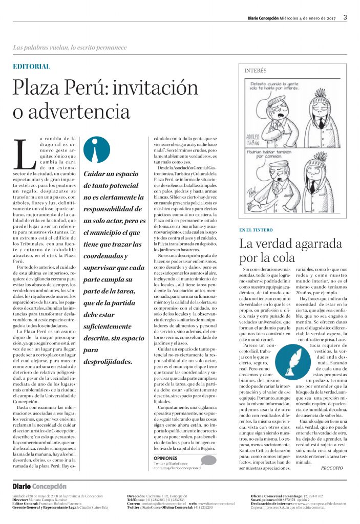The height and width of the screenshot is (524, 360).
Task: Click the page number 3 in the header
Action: pos(345,17)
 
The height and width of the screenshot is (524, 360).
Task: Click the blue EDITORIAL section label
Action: pos(31,67)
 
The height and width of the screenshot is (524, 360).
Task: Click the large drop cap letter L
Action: pos(25,155)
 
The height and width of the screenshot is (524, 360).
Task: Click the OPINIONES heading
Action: pos(165,458)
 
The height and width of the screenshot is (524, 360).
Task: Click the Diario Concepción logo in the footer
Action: pos(39,487)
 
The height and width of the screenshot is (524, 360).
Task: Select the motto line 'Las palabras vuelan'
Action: pos(70,48)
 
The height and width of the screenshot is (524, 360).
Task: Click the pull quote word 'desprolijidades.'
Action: pos(108,361)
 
